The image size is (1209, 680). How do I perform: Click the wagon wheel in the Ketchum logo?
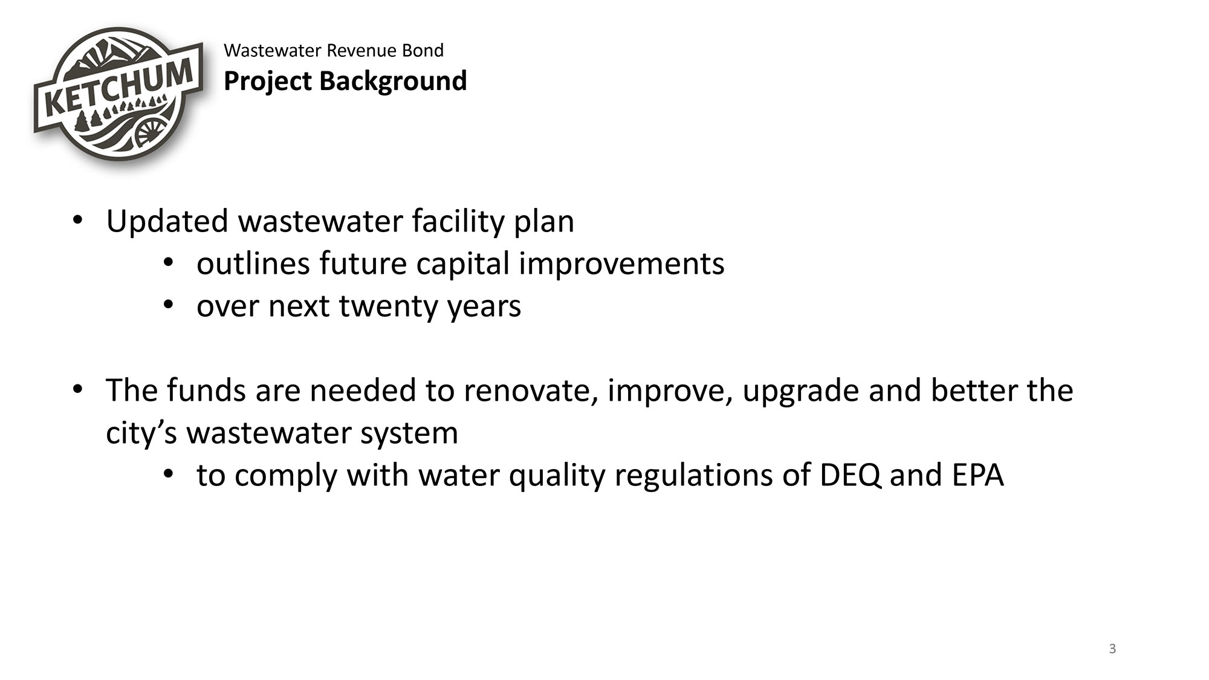tap(150, 131)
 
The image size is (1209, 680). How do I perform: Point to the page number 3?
tap(1112, 649)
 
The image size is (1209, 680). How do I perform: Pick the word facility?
tap(458, 221)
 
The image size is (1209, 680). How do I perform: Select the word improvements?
tap(621, 264)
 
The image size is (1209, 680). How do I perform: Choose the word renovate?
tap(531, 390)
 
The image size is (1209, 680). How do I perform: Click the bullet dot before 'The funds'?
tap(77, 390)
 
